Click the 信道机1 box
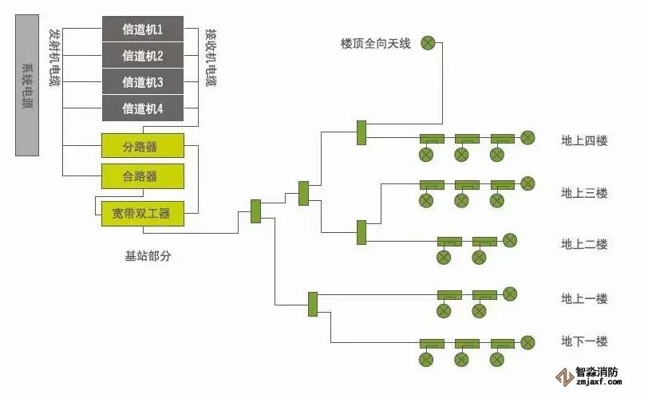[142, 30]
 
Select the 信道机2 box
[142, 56]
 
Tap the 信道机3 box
[142, 82]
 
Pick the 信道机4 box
[142, 108]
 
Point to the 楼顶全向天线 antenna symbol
[429, 43]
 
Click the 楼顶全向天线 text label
[375, 43]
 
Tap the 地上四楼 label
[584, 141]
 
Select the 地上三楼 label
[584, 193]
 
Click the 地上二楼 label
[584, 244]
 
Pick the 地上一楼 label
[584, 299]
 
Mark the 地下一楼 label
[584, 341]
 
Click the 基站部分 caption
[148, 256]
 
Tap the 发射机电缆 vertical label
[54, 57]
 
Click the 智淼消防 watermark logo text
[599, 372]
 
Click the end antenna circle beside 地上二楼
[509, 240]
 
